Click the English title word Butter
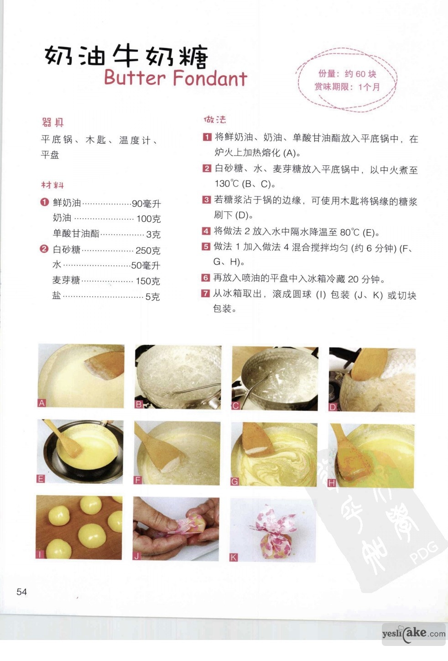(135, 78)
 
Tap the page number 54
(22, 592)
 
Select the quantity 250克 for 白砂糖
(148, 251)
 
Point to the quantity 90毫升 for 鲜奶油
(146, 204)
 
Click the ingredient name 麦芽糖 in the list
(66, 280)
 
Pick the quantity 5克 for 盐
(152, 297)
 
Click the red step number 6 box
(205, 278)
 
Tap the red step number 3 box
(206, 200)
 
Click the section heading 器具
(53, 122)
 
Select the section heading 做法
(215, 120)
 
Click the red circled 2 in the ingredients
(44, 249)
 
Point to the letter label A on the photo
(42, 403)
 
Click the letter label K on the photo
(233, 557)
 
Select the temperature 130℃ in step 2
(226, 184)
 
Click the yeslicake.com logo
(413, 634)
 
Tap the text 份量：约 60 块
(347, 74)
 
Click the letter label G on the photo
(234, 482)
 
